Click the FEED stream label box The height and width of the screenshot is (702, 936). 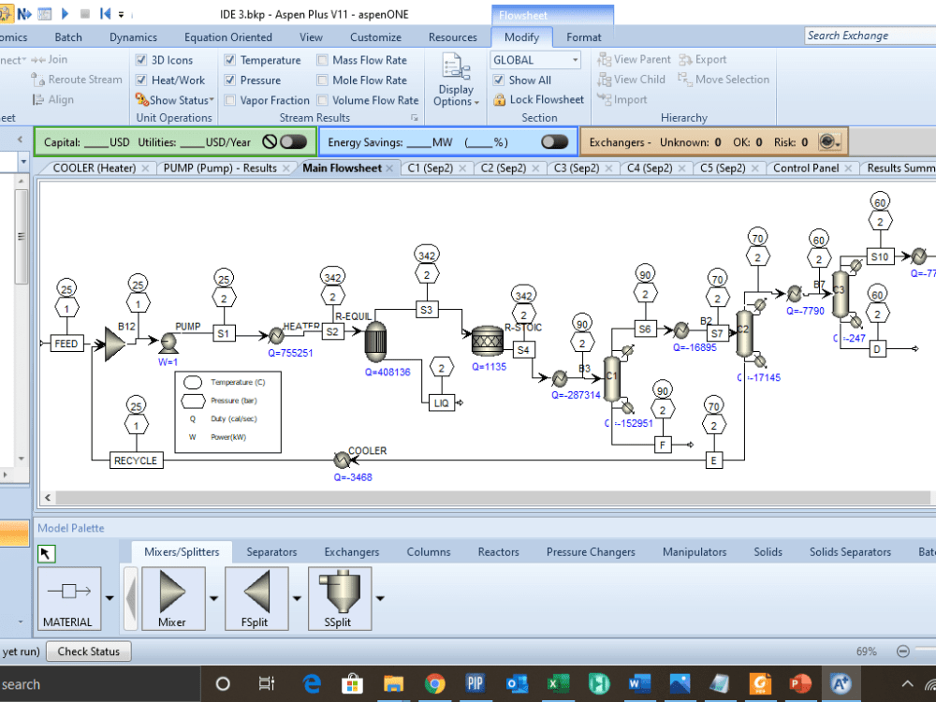66,344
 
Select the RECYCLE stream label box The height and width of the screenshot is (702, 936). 136,461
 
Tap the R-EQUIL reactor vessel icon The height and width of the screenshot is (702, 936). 376,341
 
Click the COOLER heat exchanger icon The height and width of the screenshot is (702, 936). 340,460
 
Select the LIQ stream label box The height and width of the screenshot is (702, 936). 442,402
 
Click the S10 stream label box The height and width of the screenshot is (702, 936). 879,256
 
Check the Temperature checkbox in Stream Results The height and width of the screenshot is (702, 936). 230,60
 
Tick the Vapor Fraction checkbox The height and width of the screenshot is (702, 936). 230,100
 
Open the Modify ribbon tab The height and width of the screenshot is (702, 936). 521,37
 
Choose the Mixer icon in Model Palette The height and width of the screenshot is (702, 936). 172,597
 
